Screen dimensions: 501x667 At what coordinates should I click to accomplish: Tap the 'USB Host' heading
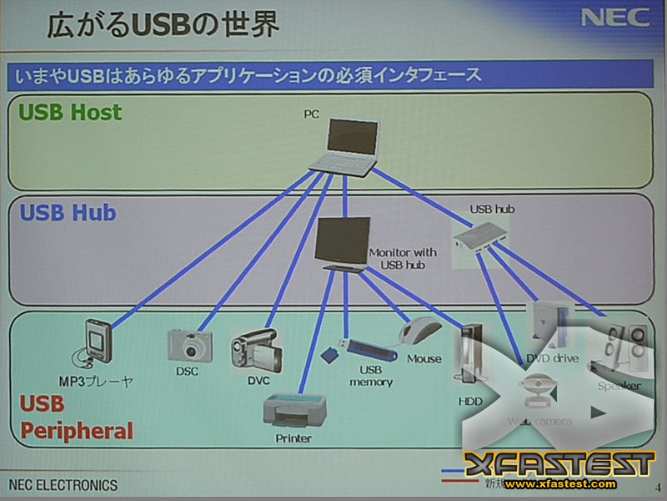(x=71, y=112)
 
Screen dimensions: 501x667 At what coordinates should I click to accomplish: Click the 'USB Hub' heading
(x=68, y=212)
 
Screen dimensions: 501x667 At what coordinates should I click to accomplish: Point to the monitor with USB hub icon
(x=343, y=242)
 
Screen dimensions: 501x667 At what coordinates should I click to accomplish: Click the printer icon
(x=293, y=408)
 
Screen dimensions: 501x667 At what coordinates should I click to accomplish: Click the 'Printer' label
(x=293, y=438)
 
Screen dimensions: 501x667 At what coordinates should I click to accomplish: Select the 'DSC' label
(x=187, y=372)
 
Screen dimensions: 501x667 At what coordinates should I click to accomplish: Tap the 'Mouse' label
(x=424, y=359)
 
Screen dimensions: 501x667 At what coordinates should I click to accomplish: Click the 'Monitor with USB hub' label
(x=402, y=258)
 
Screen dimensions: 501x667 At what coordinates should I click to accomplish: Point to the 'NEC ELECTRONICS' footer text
(x=63, y=485)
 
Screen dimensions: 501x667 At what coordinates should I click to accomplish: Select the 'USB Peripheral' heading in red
(x=76, y=417)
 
